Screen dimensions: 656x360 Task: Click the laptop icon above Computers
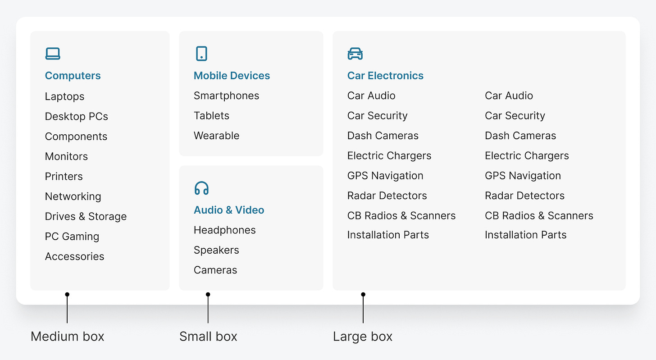click(x=53, y=54)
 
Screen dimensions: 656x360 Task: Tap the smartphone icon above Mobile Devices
click(x=201, y=53)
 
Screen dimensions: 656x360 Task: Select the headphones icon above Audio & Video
click(x=201, y=188)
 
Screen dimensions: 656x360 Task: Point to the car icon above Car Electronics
click(x=355, y=54)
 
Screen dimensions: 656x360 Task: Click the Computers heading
click(x=73, y=76)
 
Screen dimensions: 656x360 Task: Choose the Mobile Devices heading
click(x=232, y=76)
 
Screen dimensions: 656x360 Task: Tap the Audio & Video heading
click(x=229, y=210)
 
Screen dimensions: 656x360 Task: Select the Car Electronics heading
click(x=385, y=76)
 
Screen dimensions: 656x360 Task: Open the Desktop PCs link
click(x=76, y=116)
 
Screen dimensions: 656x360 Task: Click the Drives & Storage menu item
click(x=86, y=216)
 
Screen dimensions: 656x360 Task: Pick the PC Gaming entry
click(x=72, y=237)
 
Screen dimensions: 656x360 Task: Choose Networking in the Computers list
click(x=73, y=196)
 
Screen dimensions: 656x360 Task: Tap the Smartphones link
click(x=226, y=96)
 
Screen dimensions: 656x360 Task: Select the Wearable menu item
click(x=216, y=136)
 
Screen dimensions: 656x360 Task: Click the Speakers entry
click(x=216, y=250)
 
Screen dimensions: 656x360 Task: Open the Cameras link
click(x=215, y=270)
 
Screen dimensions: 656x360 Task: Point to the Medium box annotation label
click(x=67, y=336)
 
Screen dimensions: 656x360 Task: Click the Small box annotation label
click(x=208, y=336)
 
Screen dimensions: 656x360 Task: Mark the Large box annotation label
click(x=363, y=336)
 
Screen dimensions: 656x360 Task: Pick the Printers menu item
click(x=64, y=176)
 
